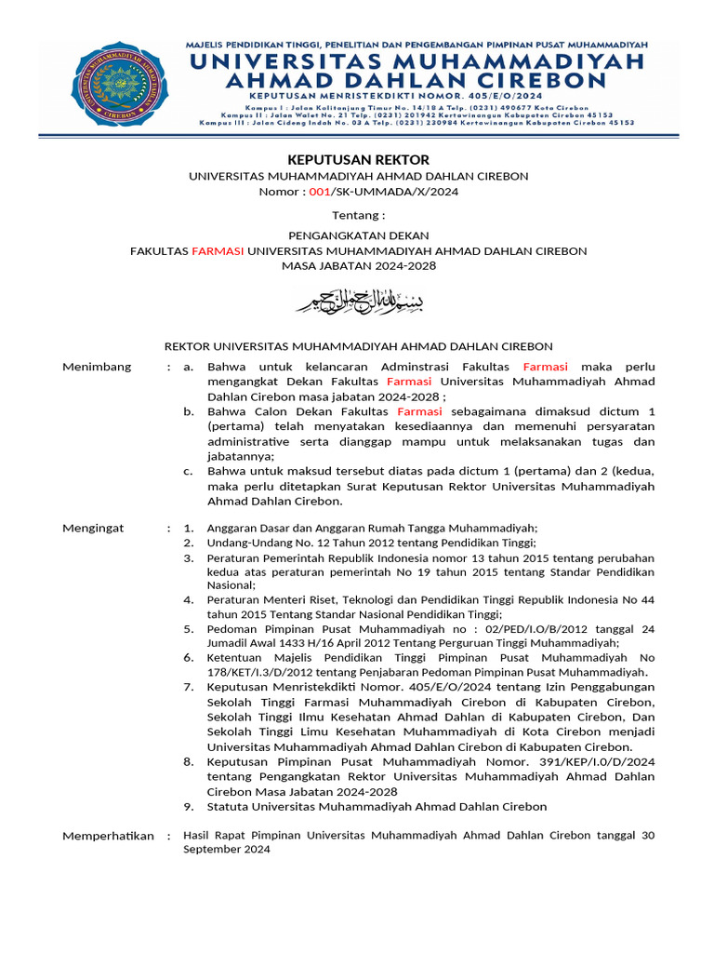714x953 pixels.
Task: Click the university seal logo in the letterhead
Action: coord(122,85)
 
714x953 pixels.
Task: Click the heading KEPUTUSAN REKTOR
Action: coord(357,160)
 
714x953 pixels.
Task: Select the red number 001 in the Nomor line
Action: coord(319,192)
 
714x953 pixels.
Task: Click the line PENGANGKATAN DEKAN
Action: coord(358,235)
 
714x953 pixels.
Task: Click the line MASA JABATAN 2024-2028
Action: coord(358,266)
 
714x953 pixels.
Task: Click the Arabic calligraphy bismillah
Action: coord(358,301)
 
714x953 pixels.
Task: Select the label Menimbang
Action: coord(97,367)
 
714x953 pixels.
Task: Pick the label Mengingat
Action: coord(93,528)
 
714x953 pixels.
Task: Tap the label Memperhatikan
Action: coord(108,836)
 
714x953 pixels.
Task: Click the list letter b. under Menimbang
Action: coord(189,411)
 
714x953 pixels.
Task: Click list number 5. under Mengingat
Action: coord(188,629)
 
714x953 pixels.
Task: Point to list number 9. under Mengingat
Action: coord(188,806)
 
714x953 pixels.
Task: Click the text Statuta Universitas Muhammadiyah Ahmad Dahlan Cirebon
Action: coord(377,806)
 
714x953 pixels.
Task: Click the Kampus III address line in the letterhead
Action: coord(416,122)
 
